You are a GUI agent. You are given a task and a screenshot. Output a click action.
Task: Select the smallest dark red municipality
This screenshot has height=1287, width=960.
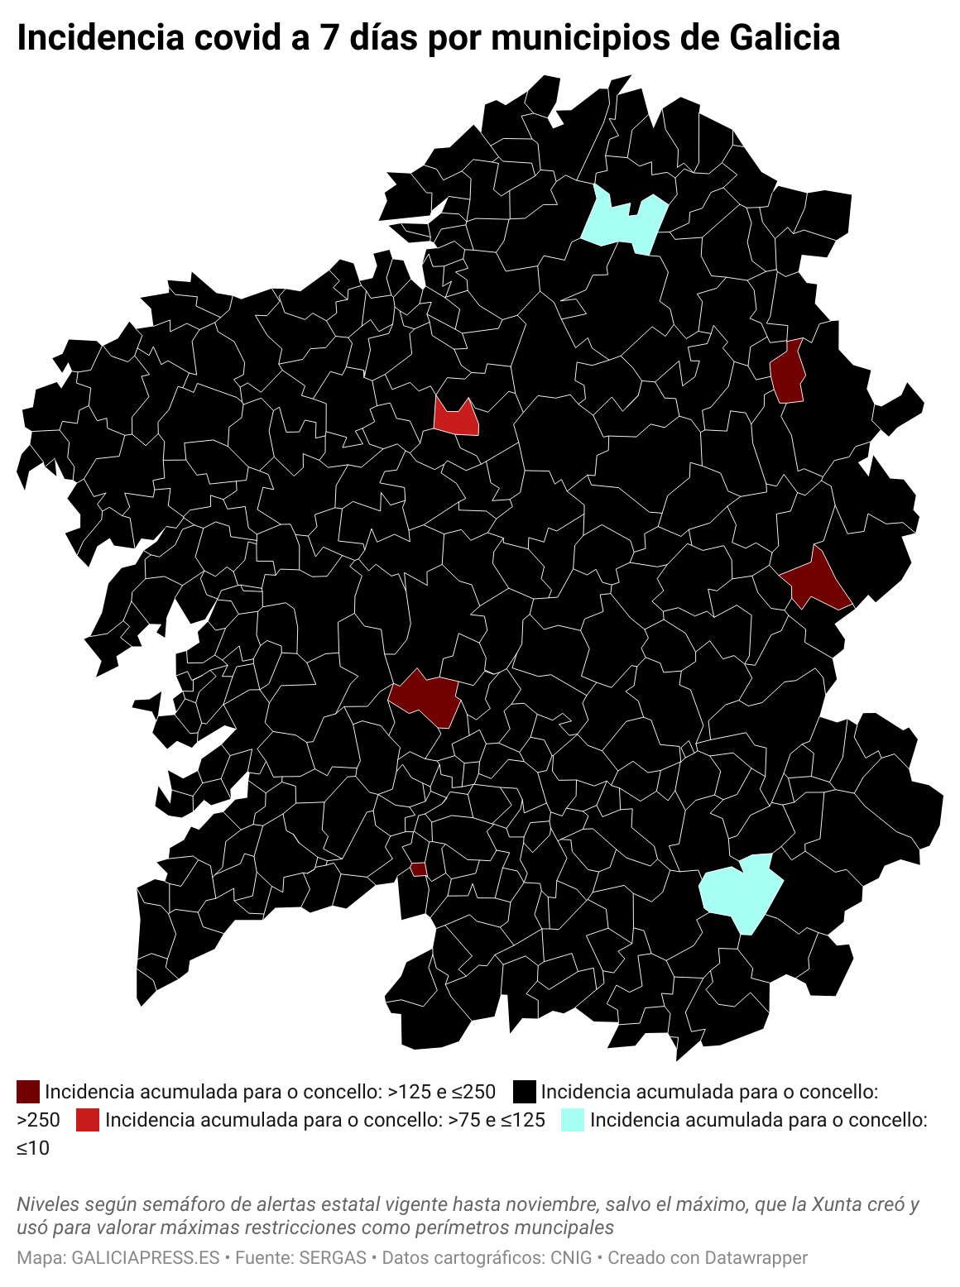[x=419, y=869]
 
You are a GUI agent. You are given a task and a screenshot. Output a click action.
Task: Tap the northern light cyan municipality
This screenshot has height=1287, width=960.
[x=625, y=222]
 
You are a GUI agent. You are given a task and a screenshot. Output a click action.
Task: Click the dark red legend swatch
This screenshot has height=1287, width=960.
[x=28, y=1092]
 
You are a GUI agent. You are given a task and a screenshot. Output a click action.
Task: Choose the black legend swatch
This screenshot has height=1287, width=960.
[x=524, y=1092]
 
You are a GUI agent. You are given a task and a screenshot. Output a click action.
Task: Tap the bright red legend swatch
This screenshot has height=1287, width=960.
[x=87, y=1120]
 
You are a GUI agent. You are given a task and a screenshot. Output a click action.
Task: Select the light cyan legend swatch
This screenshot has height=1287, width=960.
[x=573, y=1120]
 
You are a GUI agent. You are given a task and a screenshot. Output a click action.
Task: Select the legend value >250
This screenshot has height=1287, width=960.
[x=38, y=1121]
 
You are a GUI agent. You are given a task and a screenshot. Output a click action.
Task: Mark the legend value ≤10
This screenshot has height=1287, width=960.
[x=33, y=1149]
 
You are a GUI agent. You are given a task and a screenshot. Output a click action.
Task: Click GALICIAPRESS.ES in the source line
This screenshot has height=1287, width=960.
[x=146, y=1258]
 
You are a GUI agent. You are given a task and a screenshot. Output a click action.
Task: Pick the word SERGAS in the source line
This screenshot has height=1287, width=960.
[x=332, y=1258]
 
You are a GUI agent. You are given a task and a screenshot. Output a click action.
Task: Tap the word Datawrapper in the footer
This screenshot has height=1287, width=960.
[x=755, y=1258]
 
